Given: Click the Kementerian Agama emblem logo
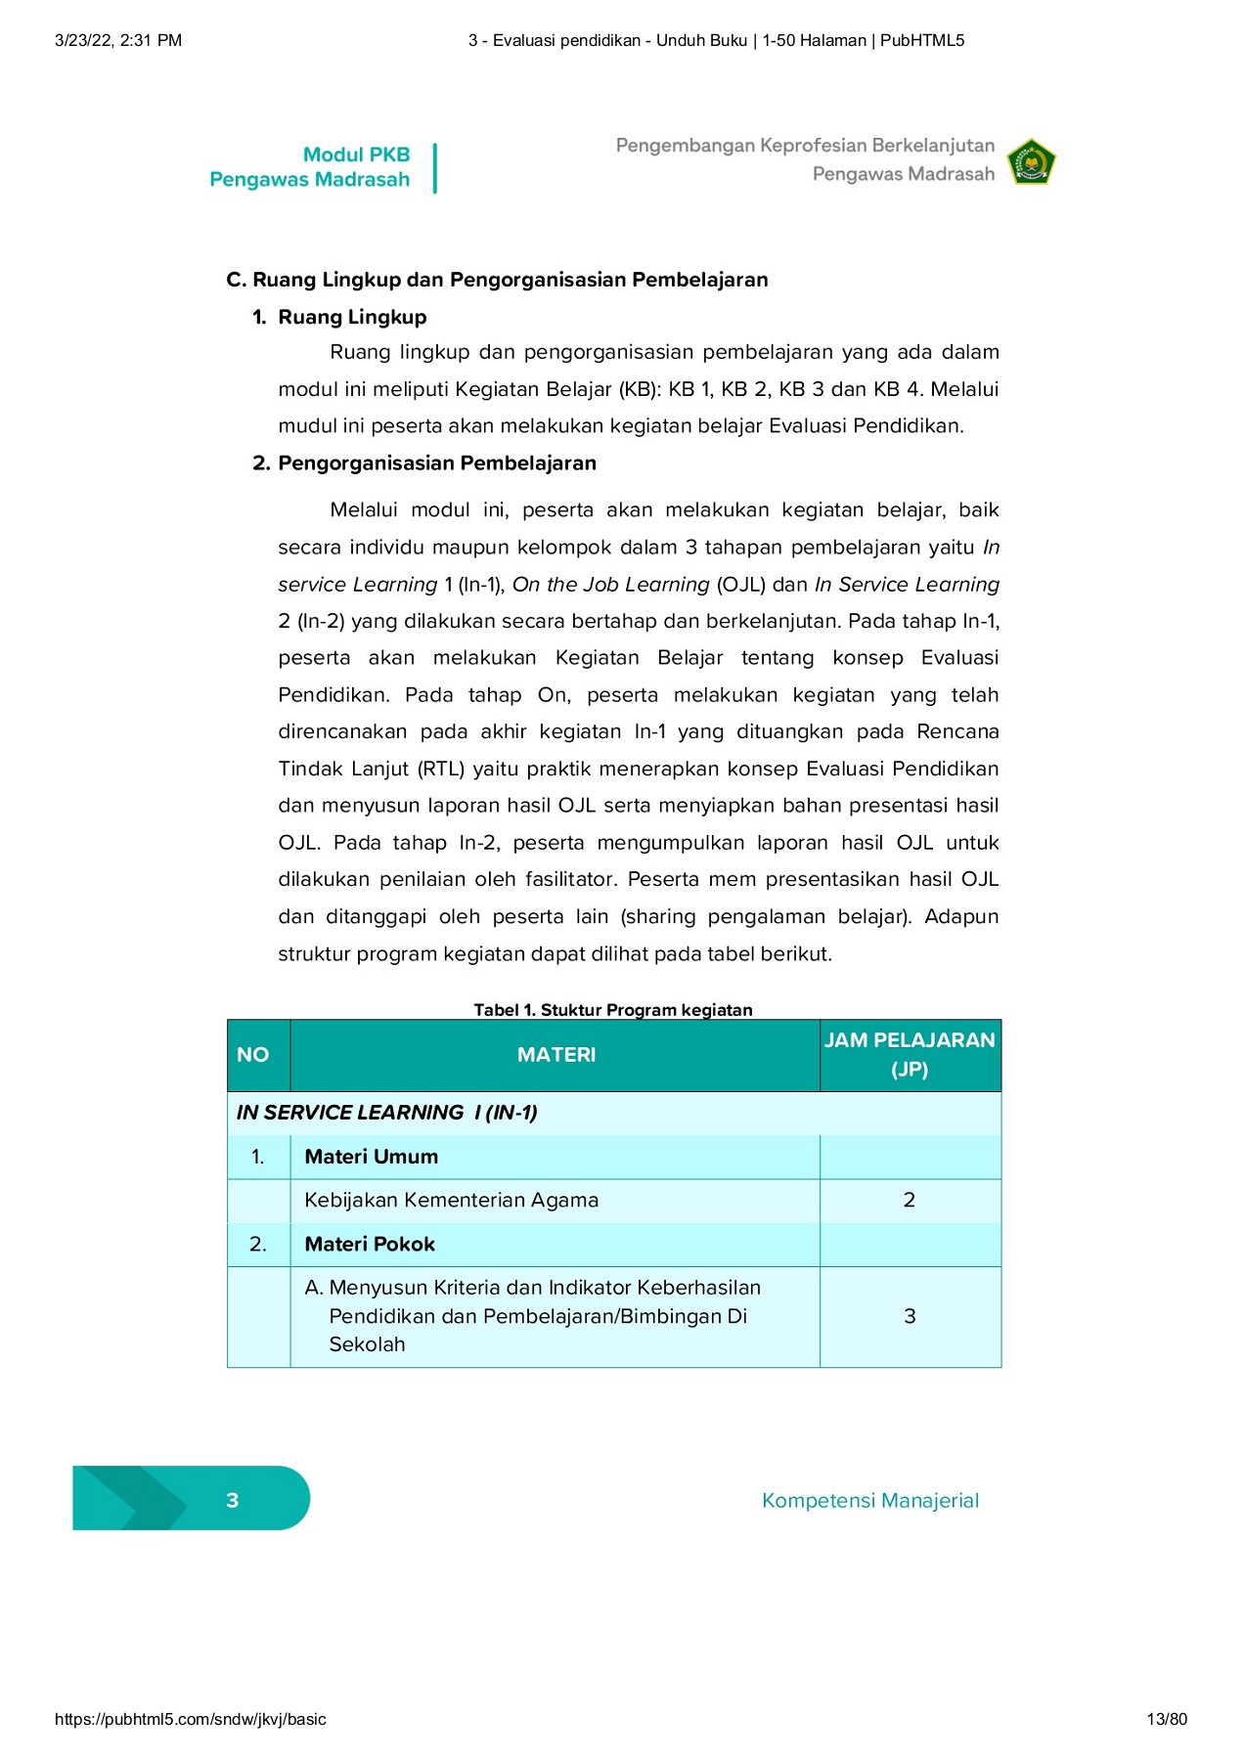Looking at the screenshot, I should tap(1032, 162).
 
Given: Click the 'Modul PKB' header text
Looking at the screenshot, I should tap(356, 154).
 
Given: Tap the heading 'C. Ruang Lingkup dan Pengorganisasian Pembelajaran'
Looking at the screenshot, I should tap(497, 280).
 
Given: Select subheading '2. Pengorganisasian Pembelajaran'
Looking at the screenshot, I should tap(424, 462).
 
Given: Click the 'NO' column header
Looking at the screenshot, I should tap(252, 1055).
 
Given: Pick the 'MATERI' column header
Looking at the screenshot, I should tap(555, 1055).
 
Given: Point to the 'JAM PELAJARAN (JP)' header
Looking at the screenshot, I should tap(909, 1054).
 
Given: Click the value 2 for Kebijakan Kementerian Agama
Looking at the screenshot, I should tap(909, 1200).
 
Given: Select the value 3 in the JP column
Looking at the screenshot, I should tap(910, 1316).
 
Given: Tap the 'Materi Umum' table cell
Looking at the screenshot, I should tap(371, 1157).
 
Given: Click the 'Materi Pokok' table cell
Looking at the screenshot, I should tap(370, 1244).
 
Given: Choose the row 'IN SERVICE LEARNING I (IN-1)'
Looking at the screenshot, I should tap(387, 1113).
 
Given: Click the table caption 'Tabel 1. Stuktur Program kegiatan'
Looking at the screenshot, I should tap(613, 1009).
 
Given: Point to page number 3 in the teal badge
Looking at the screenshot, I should tap(233, 1500).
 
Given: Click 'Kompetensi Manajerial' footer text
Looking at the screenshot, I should tap(869, 1500).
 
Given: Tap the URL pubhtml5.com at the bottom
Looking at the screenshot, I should tap(191, 1719).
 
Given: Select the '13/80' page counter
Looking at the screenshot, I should tap(1167, 1719).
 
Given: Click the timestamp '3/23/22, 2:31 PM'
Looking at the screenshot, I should tap(118, 40).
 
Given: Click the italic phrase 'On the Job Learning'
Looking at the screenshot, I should tap(610, 584).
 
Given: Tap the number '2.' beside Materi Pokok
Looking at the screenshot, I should tap(258, 1244).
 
